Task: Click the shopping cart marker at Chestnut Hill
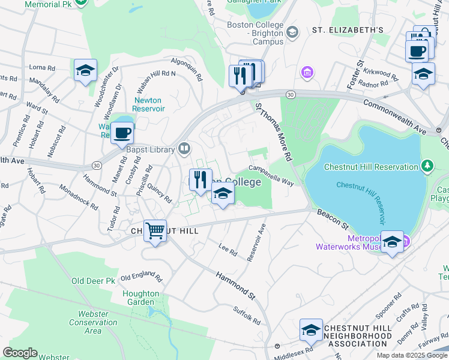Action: coord(155,230)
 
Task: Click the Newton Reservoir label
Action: coord(149,104)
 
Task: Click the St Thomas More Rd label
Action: coord(273,131)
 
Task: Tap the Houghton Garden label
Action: coord(141,298)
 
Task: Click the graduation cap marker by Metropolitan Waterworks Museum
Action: coord(392,242)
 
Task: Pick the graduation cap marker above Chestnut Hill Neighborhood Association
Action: coord(311,329)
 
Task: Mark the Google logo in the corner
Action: coord(20,353)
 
